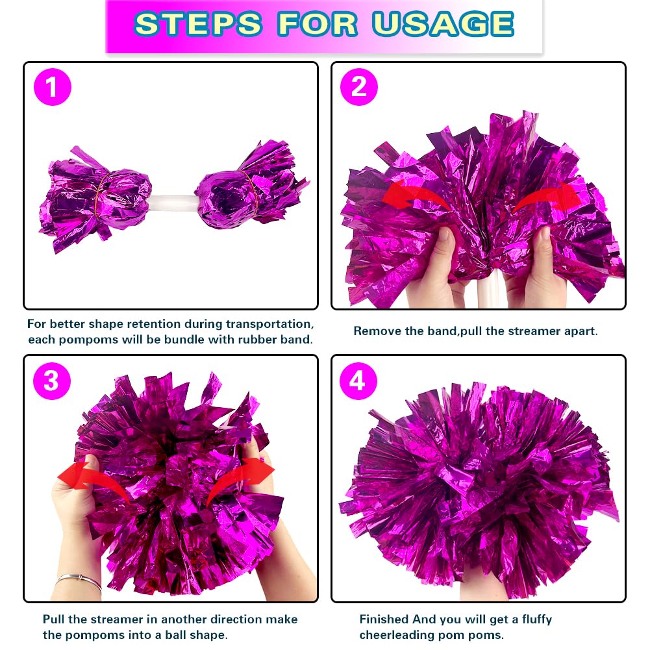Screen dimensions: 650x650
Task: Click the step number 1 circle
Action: (52, 88)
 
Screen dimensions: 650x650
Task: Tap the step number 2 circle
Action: (359, 88)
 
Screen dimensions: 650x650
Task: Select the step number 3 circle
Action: (51, 381)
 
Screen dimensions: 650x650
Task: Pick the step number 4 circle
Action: (358, 381)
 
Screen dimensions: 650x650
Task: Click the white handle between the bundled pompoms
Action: (173, 203)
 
